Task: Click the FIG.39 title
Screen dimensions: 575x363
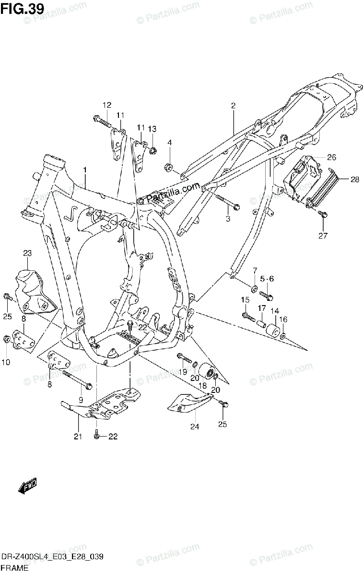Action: [x=23, y=8]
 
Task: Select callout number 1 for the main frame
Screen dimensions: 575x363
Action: [x=85, y=170]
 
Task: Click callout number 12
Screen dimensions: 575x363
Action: [x=106, y=105]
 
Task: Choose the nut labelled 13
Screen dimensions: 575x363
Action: [x=152, y=151]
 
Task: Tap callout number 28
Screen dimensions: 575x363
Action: [x=354, y=180]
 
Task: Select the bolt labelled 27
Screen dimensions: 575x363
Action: [x=322, y=214]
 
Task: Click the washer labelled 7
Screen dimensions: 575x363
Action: [x=252, y=288]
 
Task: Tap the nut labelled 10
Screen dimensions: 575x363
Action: [x=7, y=339]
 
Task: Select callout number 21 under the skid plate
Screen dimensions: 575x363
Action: [x=78, y=436]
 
